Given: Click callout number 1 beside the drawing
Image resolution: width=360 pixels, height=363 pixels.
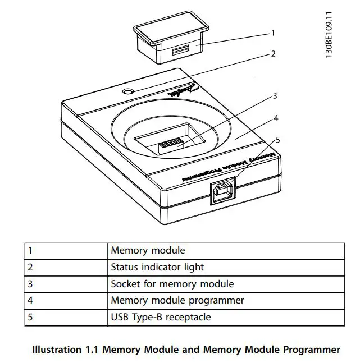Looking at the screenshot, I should (273, 33).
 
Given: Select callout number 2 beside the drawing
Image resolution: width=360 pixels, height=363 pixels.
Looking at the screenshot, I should (273, 54).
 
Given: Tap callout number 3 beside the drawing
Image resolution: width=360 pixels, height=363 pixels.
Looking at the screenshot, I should (275, 96).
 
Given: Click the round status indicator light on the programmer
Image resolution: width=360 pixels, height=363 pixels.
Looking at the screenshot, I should (129, 91).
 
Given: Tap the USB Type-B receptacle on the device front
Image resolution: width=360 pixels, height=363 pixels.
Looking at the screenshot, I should (224, 191).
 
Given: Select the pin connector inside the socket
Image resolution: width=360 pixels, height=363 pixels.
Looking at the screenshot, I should (171, 145).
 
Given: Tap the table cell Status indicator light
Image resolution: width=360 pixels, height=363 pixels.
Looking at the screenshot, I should (157, 267).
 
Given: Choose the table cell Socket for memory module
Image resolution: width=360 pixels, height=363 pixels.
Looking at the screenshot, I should (172, 284).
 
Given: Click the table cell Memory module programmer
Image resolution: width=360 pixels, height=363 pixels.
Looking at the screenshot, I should (177, 300).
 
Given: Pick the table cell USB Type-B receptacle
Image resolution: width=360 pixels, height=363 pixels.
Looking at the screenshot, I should (161, 317).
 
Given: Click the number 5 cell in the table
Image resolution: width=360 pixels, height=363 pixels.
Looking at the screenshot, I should (30, 317).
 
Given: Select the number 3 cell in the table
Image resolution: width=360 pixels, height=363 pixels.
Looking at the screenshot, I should (30, 284).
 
